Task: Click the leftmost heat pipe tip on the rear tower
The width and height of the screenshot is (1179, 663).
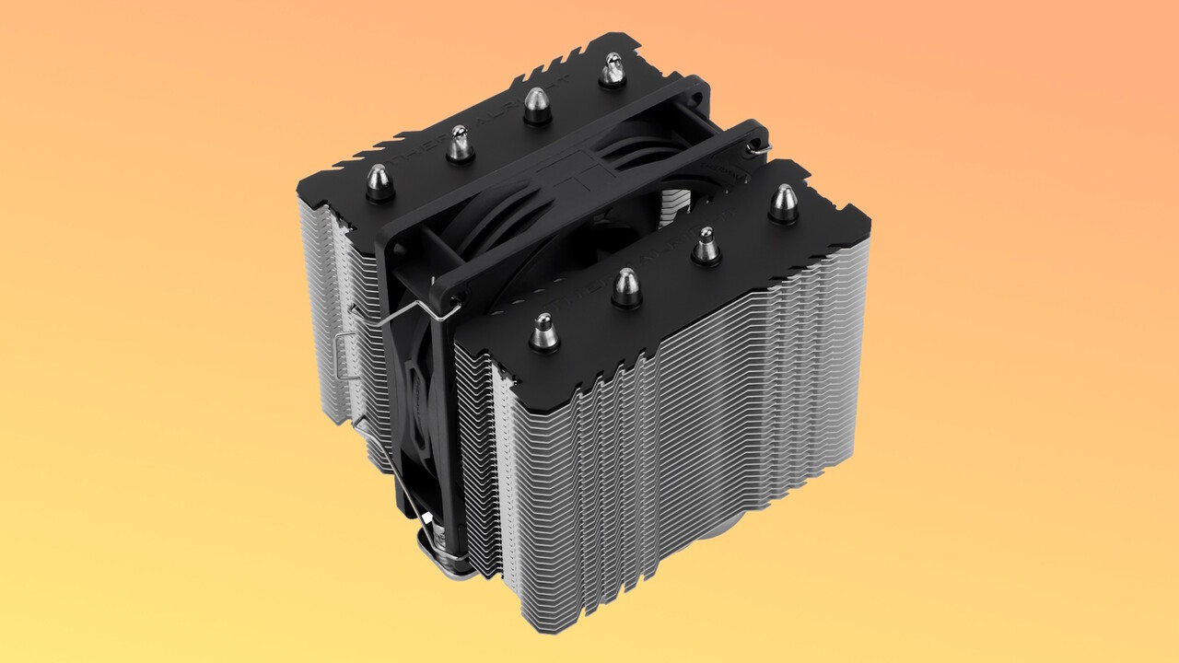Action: tap(378, 181)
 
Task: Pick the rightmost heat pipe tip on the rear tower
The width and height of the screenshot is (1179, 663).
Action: tap(613, 69)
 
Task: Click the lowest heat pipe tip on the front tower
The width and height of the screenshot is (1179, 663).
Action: tap(544, 331)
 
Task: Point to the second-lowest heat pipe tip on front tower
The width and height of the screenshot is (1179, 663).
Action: tap(626, 287)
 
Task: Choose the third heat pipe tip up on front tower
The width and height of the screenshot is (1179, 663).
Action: tap(706, 245)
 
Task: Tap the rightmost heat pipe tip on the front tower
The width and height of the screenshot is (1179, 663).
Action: tap(784, 204)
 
